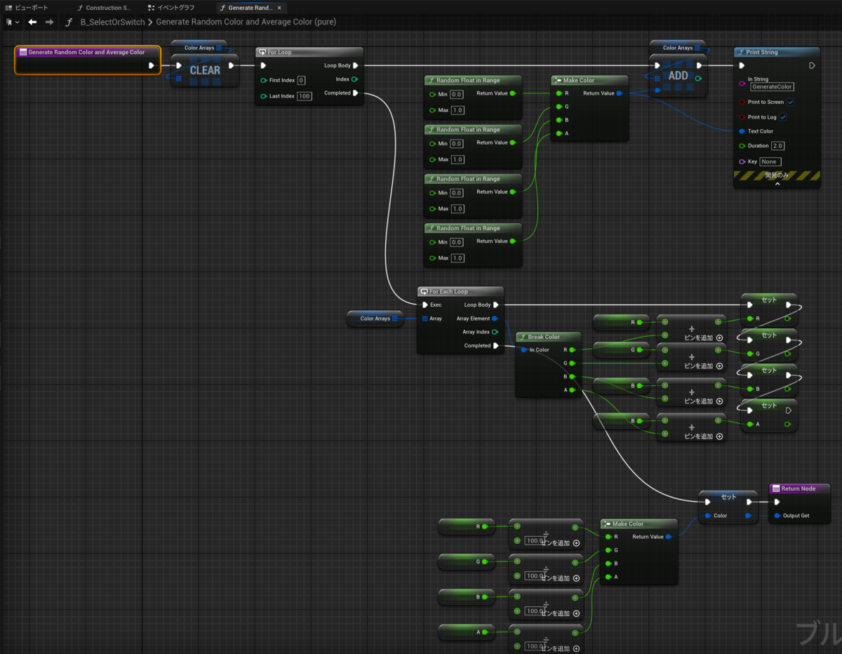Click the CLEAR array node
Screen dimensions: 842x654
205,70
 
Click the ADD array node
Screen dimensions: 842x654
678,76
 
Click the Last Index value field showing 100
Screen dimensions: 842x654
304,96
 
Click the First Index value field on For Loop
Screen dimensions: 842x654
301,80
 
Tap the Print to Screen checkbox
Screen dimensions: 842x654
790,102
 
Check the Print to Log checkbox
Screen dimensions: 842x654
783,117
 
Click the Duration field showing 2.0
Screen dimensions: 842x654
777,146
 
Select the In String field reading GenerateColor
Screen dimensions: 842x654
772,87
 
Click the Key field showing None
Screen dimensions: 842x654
770,161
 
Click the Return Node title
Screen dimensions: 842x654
798,488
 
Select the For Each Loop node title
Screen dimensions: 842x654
448,292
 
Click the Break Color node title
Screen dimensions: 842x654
544,337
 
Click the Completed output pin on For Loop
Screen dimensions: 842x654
355,93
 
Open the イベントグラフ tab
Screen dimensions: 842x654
175,8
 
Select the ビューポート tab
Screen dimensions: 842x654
32,8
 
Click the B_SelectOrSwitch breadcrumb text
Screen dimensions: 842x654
112,22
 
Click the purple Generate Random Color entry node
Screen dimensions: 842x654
87,52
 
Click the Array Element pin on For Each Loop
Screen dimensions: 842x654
495,319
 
